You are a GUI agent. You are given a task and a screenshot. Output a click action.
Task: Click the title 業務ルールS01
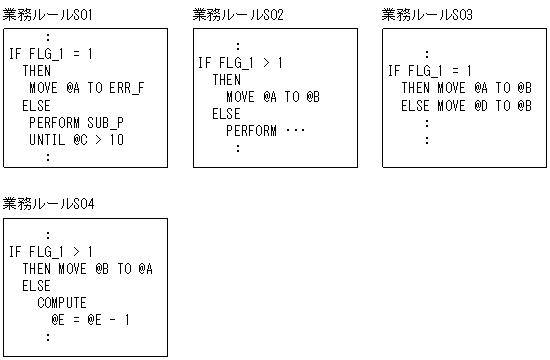click(x=46, y=14)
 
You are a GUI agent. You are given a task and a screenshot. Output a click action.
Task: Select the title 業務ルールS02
click(x=237, y=14)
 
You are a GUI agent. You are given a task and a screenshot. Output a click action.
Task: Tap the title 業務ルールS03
click(x=427, y=14)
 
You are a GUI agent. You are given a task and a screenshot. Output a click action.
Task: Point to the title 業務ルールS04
click(x=46, y=203)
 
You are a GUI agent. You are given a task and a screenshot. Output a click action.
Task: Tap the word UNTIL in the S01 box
click(x=47, y=139)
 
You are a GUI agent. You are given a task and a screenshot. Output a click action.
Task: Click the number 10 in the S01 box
click(x=117, y=139)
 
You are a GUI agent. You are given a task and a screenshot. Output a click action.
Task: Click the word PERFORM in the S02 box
click(x=251, y=131)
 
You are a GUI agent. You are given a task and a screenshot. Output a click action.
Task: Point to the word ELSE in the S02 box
click(x=226, y=114)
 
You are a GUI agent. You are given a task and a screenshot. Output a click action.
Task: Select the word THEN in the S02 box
click(x=226, y=79)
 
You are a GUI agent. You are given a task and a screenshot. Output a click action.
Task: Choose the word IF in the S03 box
click(x=394, y=71)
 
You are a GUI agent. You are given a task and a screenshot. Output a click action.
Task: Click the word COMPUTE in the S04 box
click(x=62, y=302)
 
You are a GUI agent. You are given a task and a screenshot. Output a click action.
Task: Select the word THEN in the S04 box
click(x=37, y=268)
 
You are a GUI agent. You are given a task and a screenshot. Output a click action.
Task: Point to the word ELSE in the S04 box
click(x=37, y=285)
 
